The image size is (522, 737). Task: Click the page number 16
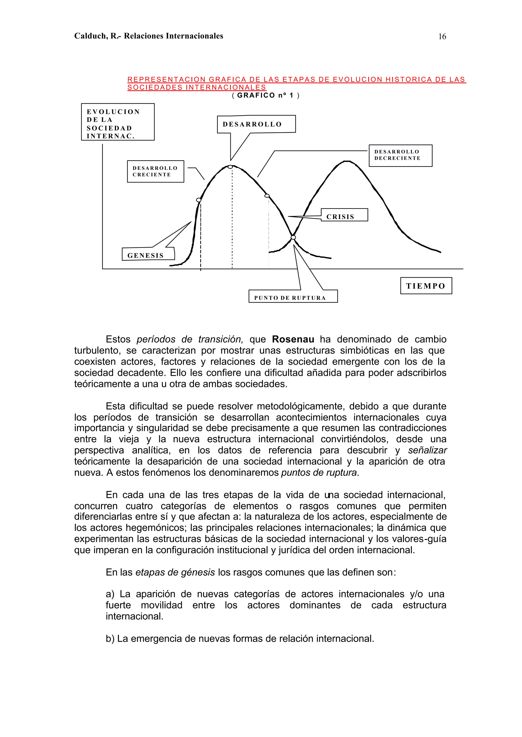tap(442, 37)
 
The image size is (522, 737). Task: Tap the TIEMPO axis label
tap(426, 286)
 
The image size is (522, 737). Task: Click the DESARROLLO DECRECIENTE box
tap(400, 155)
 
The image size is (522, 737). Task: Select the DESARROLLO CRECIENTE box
tap(155, 171)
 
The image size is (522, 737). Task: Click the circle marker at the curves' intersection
tap(293, 237)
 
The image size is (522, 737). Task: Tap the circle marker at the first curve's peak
tap(230, 167)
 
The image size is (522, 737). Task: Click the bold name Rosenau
tap(293, 339)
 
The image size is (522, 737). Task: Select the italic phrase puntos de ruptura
tap(319, 473)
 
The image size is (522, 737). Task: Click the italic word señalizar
tap(427, 450)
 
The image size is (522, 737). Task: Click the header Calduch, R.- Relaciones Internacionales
tap(149, 36)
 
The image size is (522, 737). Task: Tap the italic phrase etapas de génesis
tap(175, 572)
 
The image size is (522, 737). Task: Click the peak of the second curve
tap(347, 161)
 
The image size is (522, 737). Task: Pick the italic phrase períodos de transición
tap(190, 339)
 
